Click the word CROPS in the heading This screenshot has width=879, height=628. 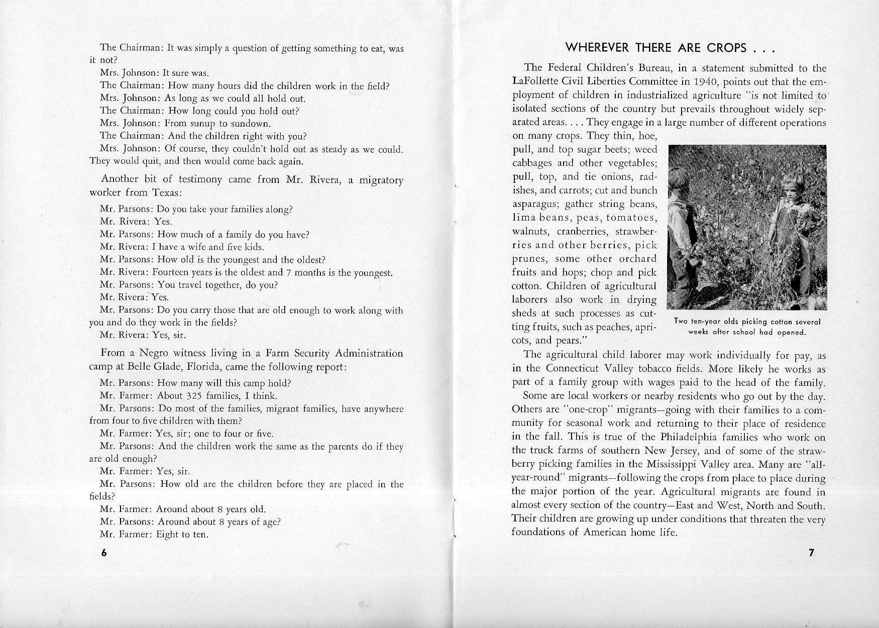tap(727, 48)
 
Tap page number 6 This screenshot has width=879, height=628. tap(104, 553)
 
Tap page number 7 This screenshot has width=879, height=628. tap(811, 553)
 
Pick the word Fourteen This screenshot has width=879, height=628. tap(174, 273)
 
